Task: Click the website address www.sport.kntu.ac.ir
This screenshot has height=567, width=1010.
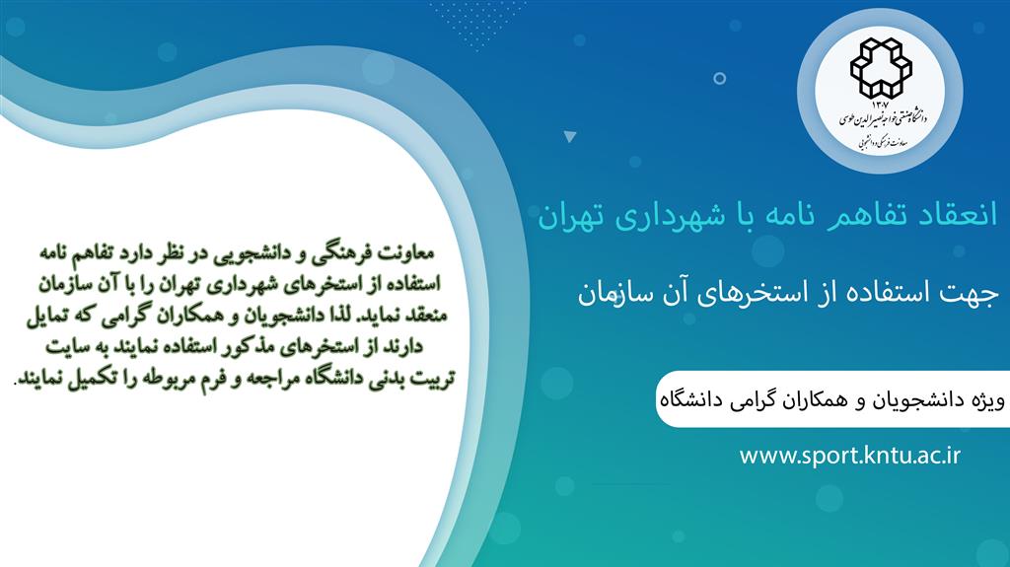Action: click(849, 456)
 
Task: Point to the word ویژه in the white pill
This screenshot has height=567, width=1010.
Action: click(986, 400)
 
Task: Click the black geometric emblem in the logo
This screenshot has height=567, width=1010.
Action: click(881, 68)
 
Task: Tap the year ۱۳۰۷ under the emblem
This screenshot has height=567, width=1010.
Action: click(881, 105)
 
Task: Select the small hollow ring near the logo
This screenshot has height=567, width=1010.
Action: click(719, 79)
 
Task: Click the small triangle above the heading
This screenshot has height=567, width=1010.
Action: click(569, 136)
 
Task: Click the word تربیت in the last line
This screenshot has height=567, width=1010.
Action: click(433, 379)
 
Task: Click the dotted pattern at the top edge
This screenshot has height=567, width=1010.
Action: click(477, 24)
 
